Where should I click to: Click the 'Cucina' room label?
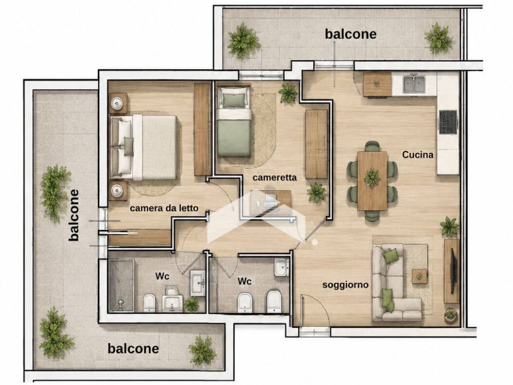coord(418,154)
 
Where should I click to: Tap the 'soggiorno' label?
coord(346,285)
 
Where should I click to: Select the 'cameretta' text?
coord(275,177)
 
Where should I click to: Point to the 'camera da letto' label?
coord(164,208)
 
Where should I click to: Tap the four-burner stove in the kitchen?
coord(448,122)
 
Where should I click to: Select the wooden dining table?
coord(372,180)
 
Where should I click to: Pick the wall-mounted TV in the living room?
coord(454,271)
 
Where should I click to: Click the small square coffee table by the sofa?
coord(419,276)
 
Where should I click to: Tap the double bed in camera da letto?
coord(144,147)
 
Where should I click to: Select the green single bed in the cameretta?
coord(234,120)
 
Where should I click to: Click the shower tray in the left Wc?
coord(121,285)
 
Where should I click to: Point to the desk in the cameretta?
coord(271,203)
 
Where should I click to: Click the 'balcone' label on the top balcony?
coord(350,34)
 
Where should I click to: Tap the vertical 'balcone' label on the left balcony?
coord(74,216)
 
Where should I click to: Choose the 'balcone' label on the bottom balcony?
coord(133,349)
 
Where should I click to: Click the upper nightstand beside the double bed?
coord(117,103)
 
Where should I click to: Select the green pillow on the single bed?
coord(233,100)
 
